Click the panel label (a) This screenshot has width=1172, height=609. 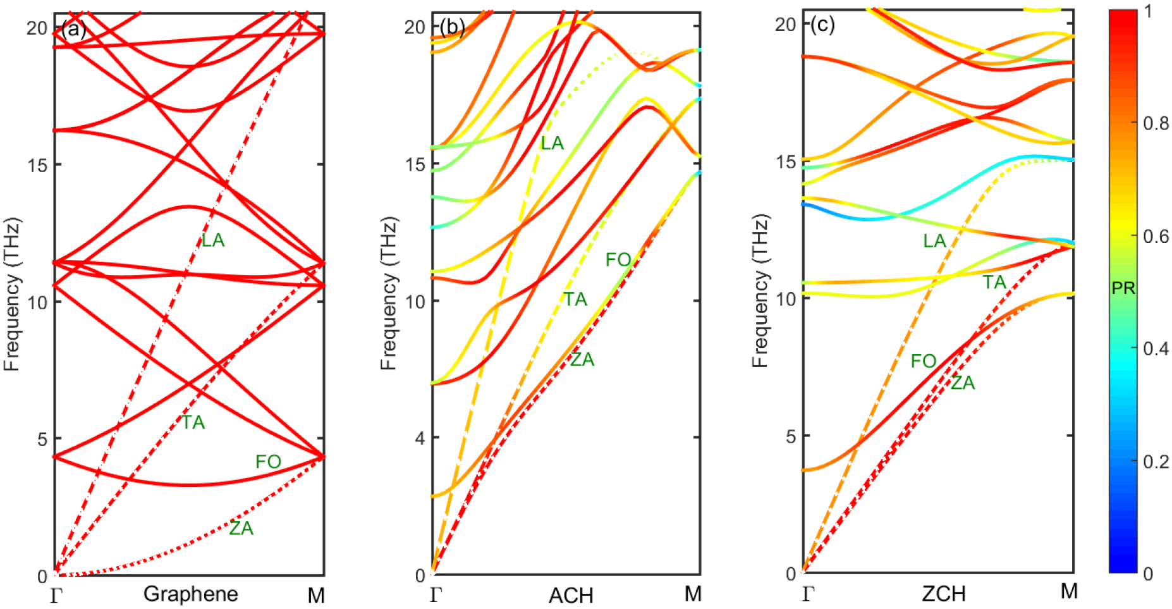74,29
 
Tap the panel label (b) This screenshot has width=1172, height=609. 452,27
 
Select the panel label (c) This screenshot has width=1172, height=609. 822,25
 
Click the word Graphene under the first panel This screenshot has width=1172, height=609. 190,594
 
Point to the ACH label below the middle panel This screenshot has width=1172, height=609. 571,595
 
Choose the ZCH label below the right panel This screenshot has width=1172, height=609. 943,594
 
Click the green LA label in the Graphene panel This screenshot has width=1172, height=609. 213,240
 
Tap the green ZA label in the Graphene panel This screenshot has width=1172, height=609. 241,528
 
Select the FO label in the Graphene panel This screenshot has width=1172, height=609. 268,462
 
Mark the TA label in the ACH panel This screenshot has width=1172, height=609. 575,299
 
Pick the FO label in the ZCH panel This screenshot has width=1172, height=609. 923,361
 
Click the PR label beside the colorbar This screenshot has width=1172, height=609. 1123,288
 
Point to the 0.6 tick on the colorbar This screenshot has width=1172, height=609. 1156,237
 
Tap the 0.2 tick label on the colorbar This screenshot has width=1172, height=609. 1156,462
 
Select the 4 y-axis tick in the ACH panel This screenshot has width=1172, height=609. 420,438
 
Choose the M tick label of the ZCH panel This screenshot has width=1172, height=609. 1068,591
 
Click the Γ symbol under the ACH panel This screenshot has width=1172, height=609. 436,594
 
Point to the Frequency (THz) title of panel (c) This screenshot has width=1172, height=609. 760,291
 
